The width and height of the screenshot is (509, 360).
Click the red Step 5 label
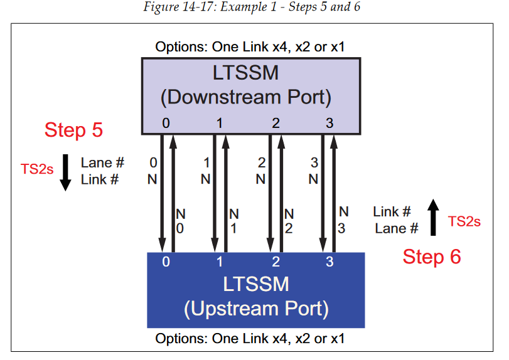click(x=73, y=130)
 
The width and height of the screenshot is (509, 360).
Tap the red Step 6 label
click(x=432, y=257)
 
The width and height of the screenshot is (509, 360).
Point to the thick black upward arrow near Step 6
click(x=432, y=217)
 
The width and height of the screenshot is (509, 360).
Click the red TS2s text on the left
click(x=37, y=169)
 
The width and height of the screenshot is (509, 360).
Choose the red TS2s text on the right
click(x=464, y=221)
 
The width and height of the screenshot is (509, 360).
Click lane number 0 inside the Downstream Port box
click(x=166, y=124)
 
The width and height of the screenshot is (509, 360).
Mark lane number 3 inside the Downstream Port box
click(x=330, y=124)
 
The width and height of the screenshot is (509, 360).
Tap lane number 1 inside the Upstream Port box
click(x=220, y=262)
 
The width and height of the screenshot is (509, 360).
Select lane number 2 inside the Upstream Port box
click(x=276, y=262)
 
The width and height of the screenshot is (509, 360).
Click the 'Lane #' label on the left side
click(x=102, y=163)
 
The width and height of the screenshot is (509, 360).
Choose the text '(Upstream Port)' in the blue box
click(x=256, y=309)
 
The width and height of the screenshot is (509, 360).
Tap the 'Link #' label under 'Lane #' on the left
click(x=100, y=180)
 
